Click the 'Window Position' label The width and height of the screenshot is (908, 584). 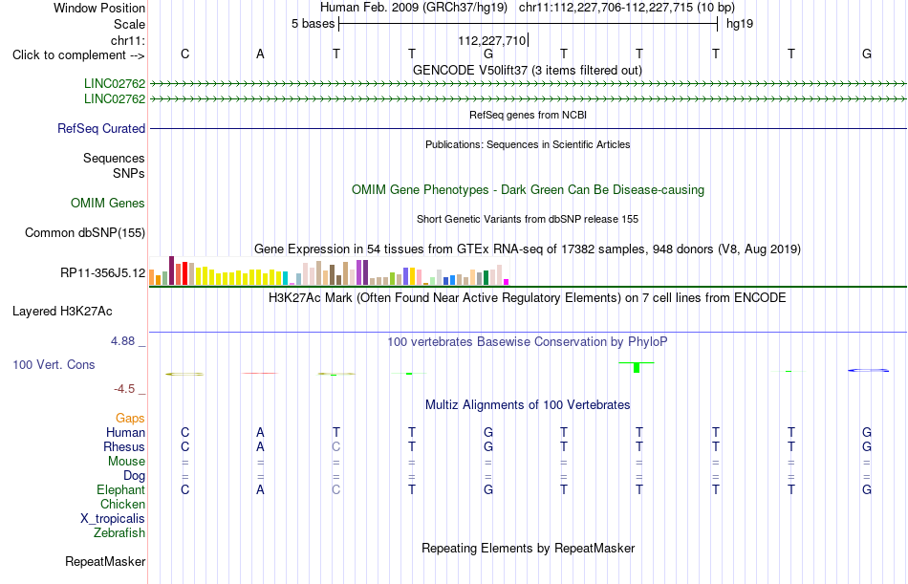pyautogui.click(x=99, y=8)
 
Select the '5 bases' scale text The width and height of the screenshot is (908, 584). pyautogui.click(x=313, y=24)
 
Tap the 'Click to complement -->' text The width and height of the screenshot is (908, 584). pyautogui.click(x=78, y=55)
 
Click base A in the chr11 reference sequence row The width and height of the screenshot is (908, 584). pyautogui.click(x=260, y=54)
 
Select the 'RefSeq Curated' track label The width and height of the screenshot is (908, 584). pyautogui.click(x=101, y=129)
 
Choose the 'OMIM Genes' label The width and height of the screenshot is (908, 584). pyautogui.click(x=108, y=203)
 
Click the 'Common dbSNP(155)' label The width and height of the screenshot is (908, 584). pyautogui.click(x=85, y=233)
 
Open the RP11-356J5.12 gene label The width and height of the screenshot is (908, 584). pyautogui.click(x=103, y=272)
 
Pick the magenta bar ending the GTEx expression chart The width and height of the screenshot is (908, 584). pyautogui.click(x=506, y=282)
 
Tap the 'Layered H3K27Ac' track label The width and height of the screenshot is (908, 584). pyautogui.click(x=62, y=312)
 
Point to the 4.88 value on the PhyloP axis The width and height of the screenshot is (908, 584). pyautogui.click(x=122, y=341)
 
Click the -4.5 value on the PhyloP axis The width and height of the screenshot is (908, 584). pyautogui.click(x=124, y=389)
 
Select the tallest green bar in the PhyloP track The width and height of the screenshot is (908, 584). pyautogui.click(x=637, y=367)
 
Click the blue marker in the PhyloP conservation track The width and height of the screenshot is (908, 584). pyautogui.click(x=868, y=370)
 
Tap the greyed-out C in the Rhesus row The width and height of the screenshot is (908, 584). pyautogui.click(x=335, y=446)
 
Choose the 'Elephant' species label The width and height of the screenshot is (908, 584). pyautogui.click(x=121, y=490)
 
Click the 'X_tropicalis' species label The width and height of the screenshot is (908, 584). pyautogui.click(x=113, y=519)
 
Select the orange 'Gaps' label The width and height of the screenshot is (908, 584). pyautogui.click(x=130, y=419)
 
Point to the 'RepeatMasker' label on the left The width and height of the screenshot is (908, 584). pyautogui.click(x=105, y=561)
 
